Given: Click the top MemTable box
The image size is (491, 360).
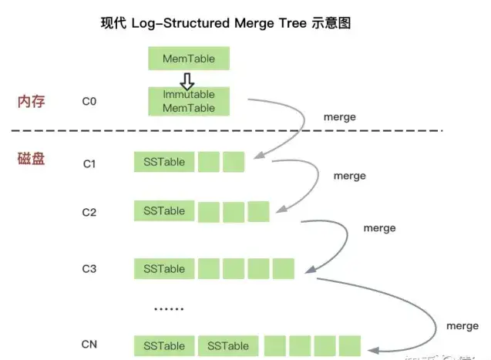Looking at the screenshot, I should (x=189, y=59).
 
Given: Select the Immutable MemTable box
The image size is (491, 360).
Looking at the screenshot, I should (x=189, y=101).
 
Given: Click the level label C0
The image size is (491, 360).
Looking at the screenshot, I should (x=89, y=101).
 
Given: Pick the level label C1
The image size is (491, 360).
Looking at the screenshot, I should (x=89, y=163).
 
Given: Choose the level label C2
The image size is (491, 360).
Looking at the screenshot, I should (x=89, y=212).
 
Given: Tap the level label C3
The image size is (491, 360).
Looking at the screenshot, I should (x=89, y=269).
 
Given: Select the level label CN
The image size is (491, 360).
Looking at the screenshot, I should (x=89, y=345).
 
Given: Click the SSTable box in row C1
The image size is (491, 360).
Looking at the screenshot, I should (x=164, y=162).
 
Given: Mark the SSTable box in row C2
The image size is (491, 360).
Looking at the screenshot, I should (x=164, y=211).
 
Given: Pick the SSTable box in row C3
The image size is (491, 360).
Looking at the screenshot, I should (x=164, y=268).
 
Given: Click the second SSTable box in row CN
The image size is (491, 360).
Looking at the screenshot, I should (x=228, y=345).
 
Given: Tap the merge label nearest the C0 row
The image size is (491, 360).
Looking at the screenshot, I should (x=341, y=117).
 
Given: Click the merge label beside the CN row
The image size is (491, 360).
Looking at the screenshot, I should (x=462, y=326).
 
